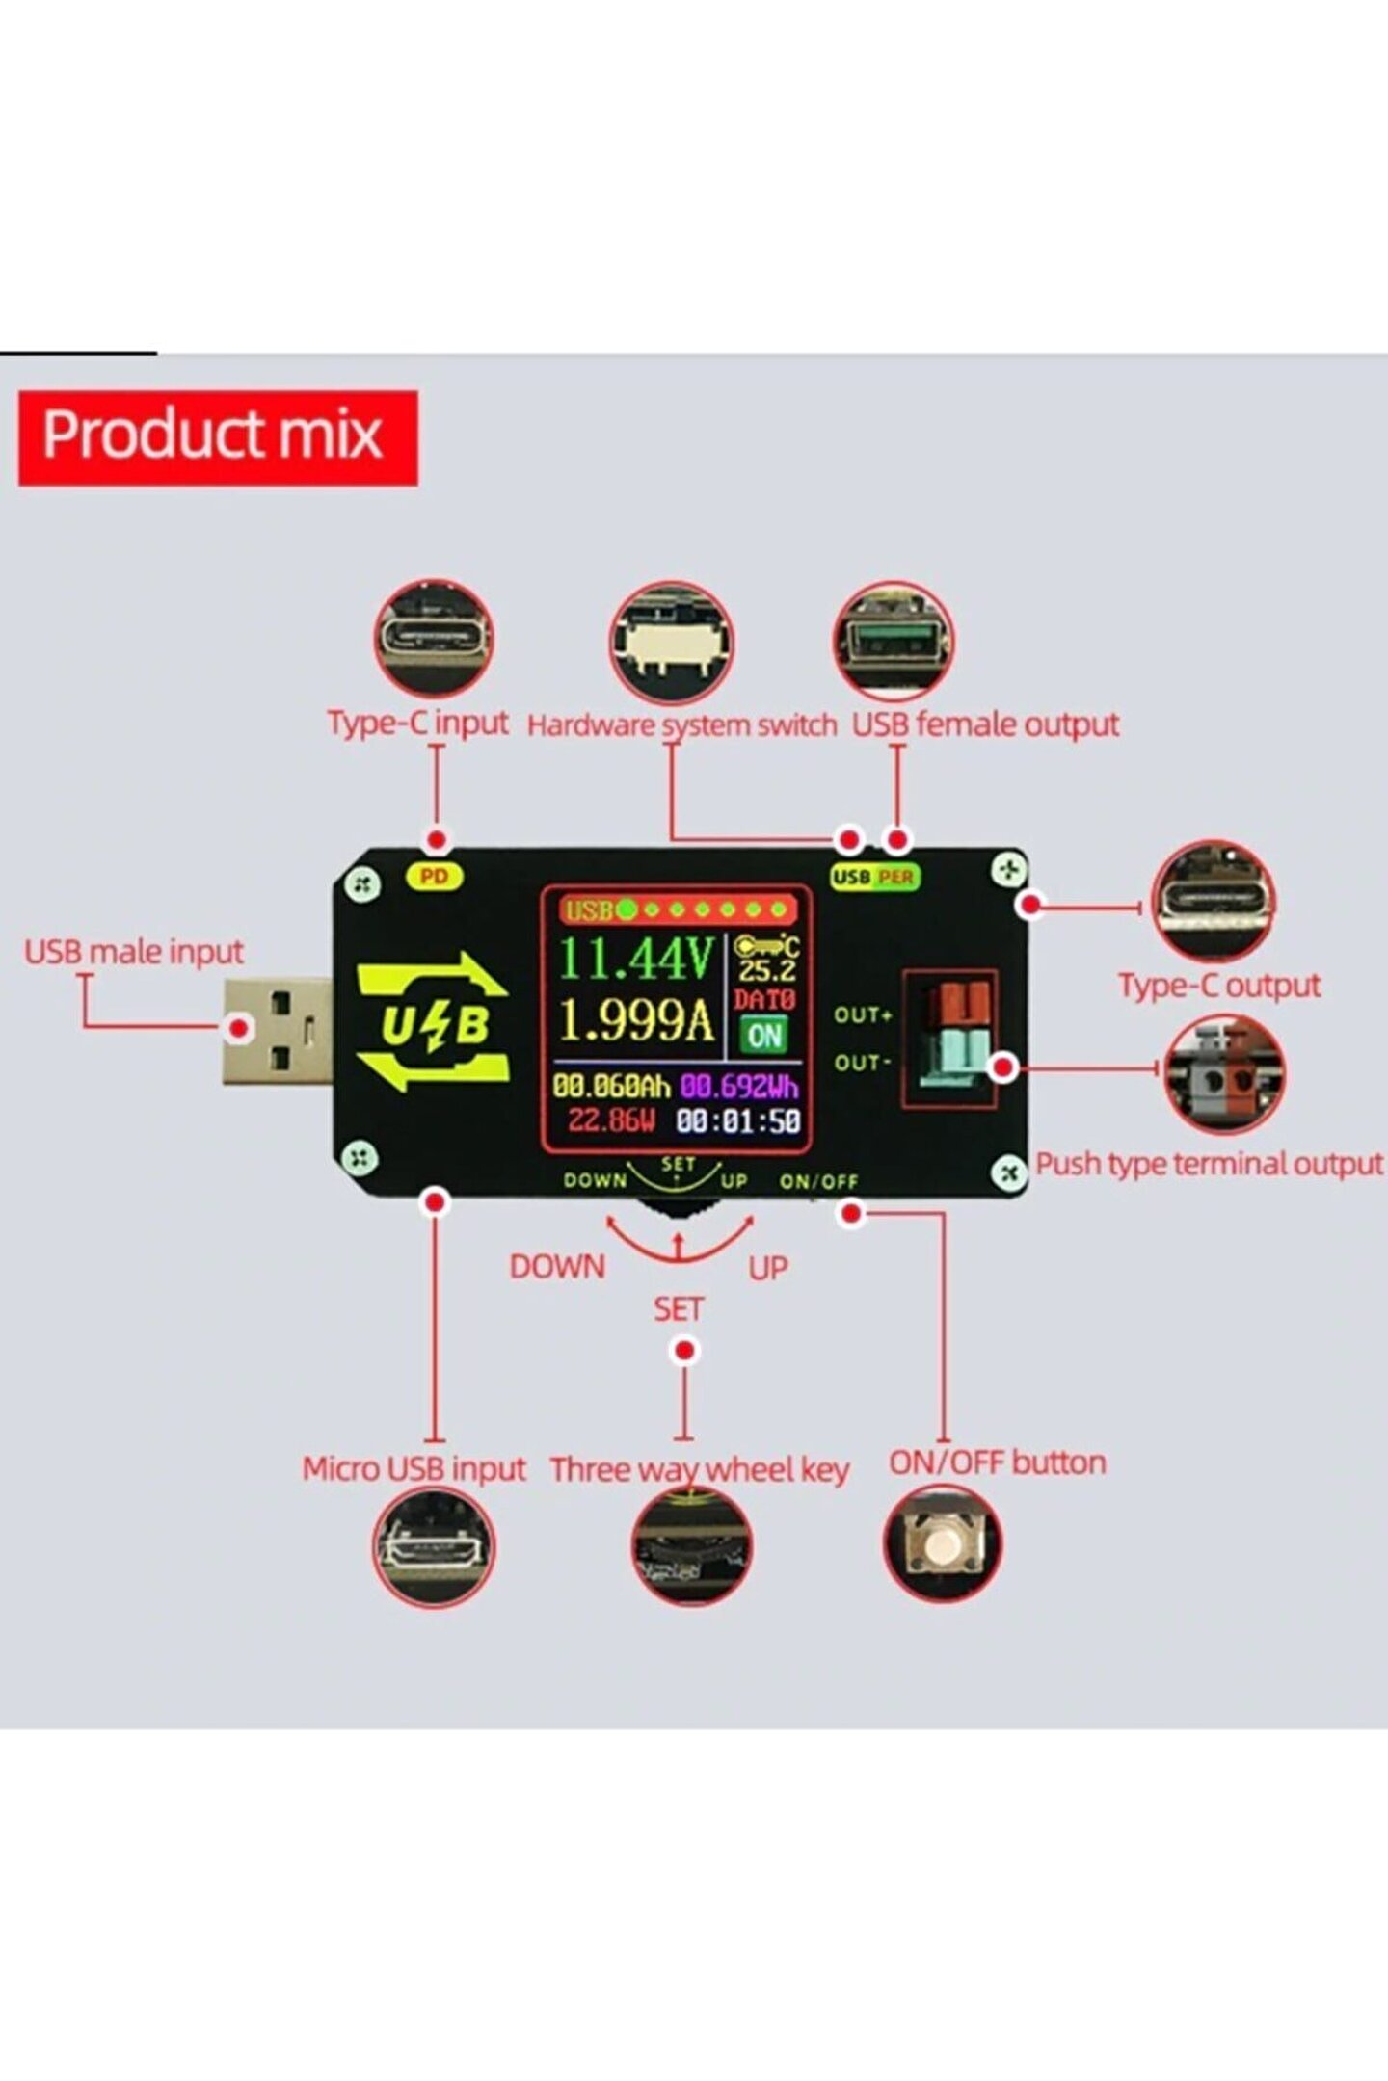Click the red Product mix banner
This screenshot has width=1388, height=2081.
click(218, 437)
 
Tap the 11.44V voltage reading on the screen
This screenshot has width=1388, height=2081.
click(636, 958)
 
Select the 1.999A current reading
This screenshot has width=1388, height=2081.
click(636, 1019)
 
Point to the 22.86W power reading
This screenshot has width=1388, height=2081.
click(611, 1120)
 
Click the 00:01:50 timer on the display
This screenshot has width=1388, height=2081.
click(738, 1120)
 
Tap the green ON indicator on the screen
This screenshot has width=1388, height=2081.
click(764, 1036)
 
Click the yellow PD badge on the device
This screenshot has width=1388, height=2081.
click(435, 877)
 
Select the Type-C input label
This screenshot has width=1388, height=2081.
click(417, 723)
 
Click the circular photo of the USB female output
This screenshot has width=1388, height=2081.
click(894, 641)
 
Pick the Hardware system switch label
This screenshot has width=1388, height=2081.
click(681, 724)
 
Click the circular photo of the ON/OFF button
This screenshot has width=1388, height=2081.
click(943, 1543)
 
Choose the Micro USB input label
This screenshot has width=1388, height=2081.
click(414, 1468)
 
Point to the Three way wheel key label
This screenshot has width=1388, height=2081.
click(699, 1470)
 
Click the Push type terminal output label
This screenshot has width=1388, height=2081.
click(1209, 1164)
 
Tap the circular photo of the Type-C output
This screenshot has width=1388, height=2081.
click(1213, 901)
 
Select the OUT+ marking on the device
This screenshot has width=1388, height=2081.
click(863, 1014)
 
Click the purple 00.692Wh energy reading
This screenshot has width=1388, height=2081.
click(739, 1087)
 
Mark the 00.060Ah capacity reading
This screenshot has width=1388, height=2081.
click(611, 1087)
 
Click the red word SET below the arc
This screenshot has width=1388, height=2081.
click(679, 1309)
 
